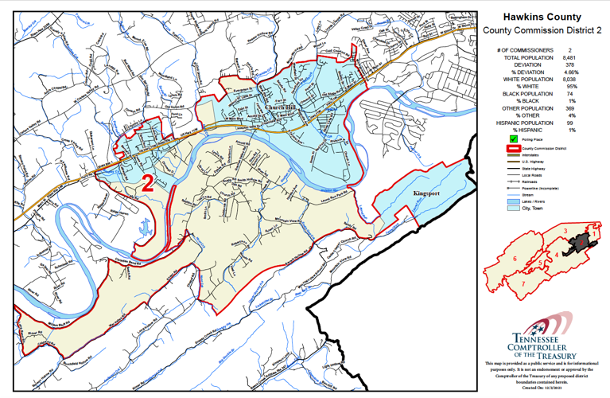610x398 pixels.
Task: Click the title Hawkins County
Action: [542, 17]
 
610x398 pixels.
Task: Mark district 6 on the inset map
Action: [515, 260]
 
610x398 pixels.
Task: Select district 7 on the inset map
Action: [523, 282]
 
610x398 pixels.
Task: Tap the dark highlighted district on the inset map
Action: [589, 240]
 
